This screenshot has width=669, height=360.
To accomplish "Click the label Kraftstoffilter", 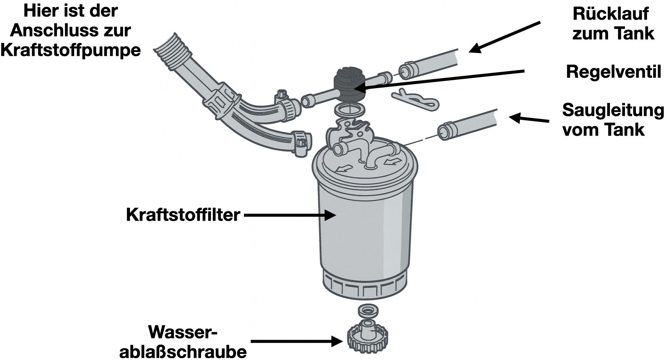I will click(x=183, y=215).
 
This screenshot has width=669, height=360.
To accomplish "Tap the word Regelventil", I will click(x=613, y=72).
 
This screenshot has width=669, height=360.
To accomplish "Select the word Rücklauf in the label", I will click(x=611, y=14).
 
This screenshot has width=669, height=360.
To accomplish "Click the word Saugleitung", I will click(x=613, y=110).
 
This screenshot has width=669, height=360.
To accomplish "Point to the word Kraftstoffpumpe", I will click(x=71, y=50).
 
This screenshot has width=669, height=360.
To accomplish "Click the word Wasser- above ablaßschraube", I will click(x=183, y=332).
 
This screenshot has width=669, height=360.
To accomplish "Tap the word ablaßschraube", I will click(x=183, y=351).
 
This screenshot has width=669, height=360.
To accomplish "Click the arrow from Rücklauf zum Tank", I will click(x=504, y=37).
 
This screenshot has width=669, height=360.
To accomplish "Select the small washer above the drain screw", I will click(x=367, y=311).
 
